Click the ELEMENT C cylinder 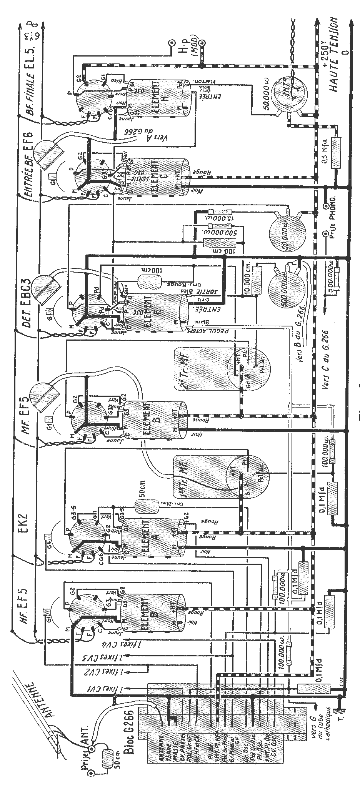pos(156,177)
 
